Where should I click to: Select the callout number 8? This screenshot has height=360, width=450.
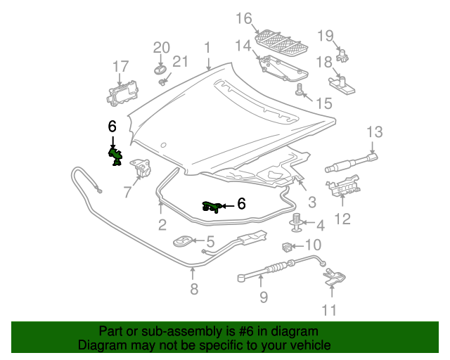tap(194, 288)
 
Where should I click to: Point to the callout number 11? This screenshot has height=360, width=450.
tap(329, 309)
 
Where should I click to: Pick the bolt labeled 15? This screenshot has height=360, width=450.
tap(300, 89)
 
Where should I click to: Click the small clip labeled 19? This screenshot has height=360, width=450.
tap(345, 54)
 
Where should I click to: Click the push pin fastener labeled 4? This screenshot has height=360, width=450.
tap(297, 223)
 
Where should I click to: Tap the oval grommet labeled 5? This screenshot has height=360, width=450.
tap(182, 240)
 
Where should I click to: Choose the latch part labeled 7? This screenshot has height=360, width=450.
tap(143, 169)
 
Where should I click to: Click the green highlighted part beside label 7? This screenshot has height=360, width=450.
tap(115, 157)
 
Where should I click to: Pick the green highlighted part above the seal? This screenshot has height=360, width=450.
tap(212, 205)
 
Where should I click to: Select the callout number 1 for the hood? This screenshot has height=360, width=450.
tap(207, 48)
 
